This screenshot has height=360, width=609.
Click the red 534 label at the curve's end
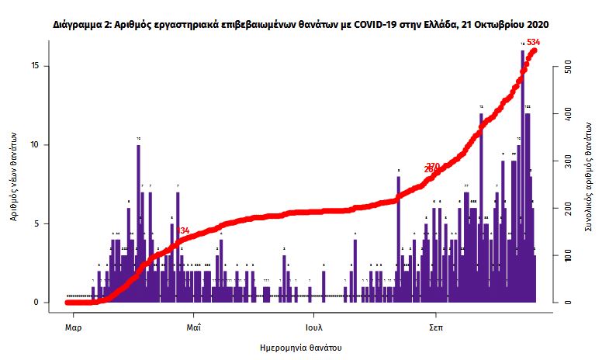[x=534, y=42]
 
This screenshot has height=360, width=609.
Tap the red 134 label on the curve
[x=184, y=231]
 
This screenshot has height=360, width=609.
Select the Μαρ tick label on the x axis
[x=74, y=327]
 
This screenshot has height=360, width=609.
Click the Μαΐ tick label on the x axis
[x=194, y=327]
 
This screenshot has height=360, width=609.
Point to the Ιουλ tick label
[x=314, y=327]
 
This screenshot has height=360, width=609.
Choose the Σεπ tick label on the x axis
[x=435, y=327]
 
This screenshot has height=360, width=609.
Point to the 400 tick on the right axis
[x=568, y=114]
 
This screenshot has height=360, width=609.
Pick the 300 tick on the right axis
[x=568, y=161]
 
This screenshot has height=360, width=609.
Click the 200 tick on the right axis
[x=568, y=208]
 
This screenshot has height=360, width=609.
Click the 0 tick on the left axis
[x=36, y=303]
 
